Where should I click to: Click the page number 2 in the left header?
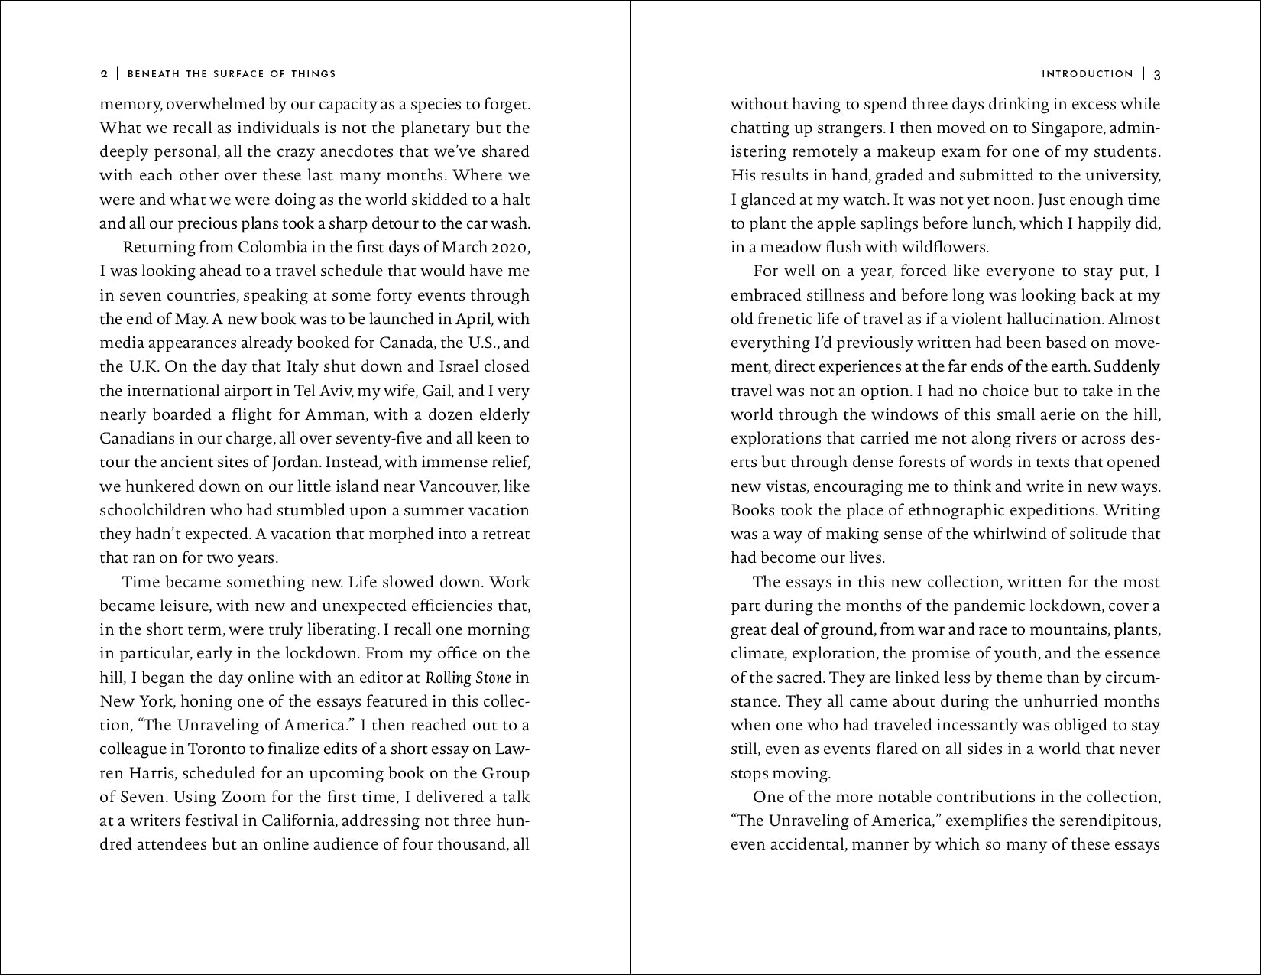104,74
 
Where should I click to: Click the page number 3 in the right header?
1157,74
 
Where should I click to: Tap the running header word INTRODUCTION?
1087,74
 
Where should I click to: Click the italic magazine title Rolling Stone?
468,678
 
